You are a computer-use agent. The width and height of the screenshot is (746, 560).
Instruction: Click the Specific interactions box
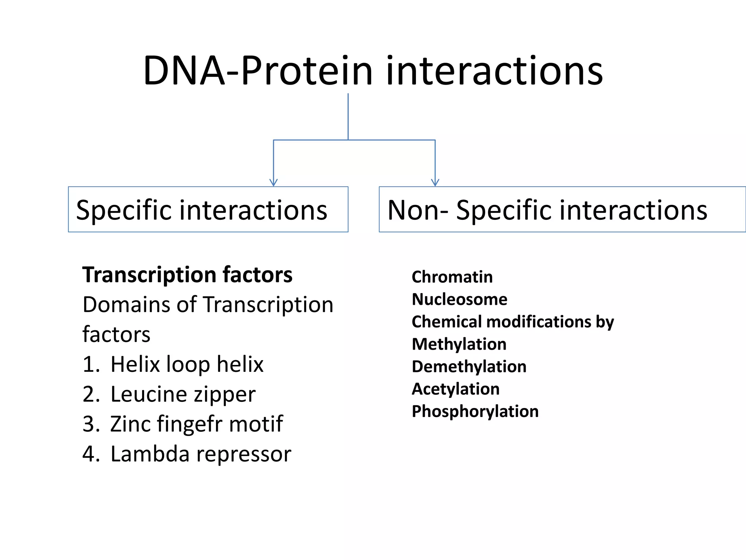pos(208,209)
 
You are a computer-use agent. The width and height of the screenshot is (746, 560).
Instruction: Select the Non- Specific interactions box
pos(562,209)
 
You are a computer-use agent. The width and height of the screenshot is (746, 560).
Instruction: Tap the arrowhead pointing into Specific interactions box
pos(274,182)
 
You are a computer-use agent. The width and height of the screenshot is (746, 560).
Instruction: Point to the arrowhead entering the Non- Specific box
pos(435,182)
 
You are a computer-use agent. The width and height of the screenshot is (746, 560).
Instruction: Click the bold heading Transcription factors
pos(187,275)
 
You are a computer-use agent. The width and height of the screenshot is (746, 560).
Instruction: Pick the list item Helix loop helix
pos(186,364)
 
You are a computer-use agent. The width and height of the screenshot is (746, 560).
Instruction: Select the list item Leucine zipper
pos(183,394)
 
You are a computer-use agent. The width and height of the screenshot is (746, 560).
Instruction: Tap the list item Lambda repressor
pos(201,454)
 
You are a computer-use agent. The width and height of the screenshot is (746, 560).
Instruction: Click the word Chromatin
pos(452,277)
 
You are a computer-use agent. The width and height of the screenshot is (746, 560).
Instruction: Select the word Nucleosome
pos(459,299)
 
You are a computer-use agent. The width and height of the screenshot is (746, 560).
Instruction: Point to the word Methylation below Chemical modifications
pos(459,344)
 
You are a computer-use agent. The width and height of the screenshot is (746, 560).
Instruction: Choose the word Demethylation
pos(469,366)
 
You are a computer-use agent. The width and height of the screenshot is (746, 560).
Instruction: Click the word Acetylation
pos(455,389)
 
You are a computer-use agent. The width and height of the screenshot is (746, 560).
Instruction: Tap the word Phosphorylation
pos(475,411)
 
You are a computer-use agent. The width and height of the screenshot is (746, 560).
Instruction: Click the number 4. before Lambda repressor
pos(91,454)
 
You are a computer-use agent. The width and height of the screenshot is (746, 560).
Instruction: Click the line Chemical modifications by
pos(513,322)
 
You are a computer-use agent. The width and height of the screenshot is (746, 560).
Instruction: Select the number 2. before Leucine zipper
pos(91,394)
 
